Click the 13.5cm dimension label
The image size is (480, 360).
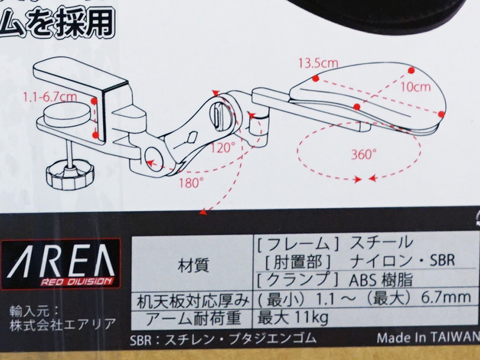(x=319, y=63)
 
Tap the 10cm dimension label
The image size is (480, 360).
(x=415, y=87)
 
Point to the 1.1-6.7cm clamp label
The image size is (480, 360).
(x=50, y=97)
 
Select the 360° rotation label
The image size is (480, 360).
(x=364, y=154)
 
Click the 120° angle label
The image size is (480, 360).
(x=223, y=148)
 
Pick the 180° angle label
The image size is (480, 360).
(x=191, y=183)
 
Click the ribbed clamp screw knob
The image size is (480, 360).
(x=70, y=178)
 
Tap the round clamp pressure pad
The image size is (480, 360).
(x=67, y=116)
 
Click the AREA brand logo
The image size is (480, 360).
(x=61, y=263)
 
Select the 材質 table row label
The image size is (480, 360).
(x=193, y=265)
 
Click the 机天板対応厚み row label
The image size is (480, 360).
(x=193, y=302)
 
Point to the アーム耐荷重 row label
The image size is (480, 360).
(x=193, y=319)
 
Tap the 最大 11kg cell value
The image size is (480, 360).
(x=293, y=317)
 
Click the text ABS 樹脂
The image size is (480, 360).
(x=381, y=280)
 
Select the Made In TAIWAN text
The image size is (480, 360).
(x=428, y=338)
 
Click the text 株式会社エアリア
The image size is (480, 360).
(x=63, y=325)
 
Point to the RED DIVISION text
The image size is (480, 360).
(x=76, y=281)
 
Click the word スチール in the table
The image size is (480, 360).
(x=381, y=243)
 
